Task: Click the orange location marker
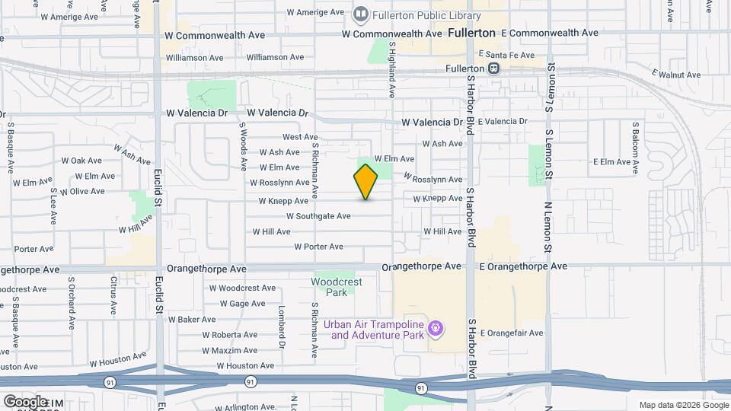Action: tap(365, 182)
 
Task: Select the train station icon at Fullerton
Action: tap(493, 68)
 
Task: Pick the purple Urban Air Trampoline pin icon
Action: tap(436, 329)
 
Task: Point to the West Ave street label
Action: tap(299, 137)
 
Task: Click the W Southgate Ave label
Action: tap(318, 216)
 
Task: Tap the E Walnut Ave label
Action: tap(676, 74)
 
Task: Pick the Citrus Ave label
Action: tap(113, 295)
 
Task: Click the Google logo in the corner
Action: tap(24, 401)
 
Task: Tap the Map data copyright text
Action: tap(683, 405)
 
